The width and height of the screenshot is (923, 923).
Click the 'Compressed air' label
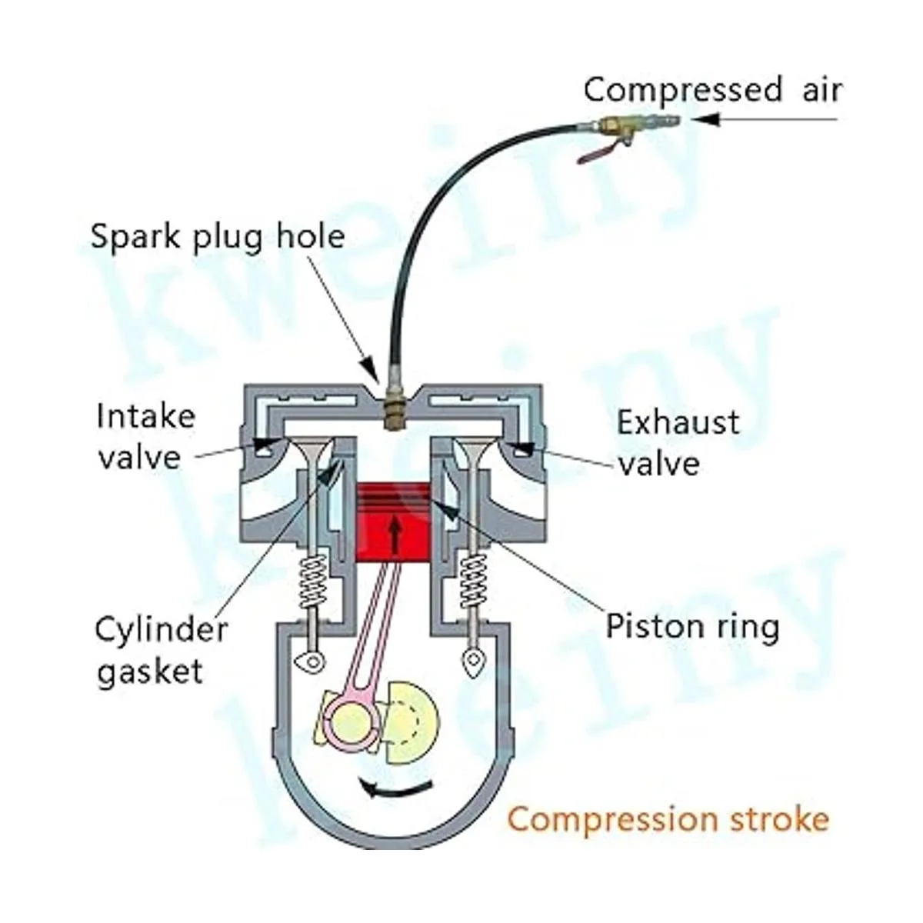712,90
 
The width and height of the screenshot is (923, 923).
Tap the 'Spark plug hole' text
218,235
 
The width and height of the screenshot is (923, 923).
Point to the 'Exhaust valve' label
677,442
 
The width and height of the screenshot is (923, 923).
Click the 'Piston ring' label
692,626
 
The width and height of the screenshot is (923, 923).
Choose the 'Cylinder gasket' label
161,650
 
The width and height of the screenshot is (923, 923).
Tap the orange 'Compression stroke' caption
668,818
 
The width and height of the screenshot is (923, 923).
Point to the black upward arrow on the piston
395,535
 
